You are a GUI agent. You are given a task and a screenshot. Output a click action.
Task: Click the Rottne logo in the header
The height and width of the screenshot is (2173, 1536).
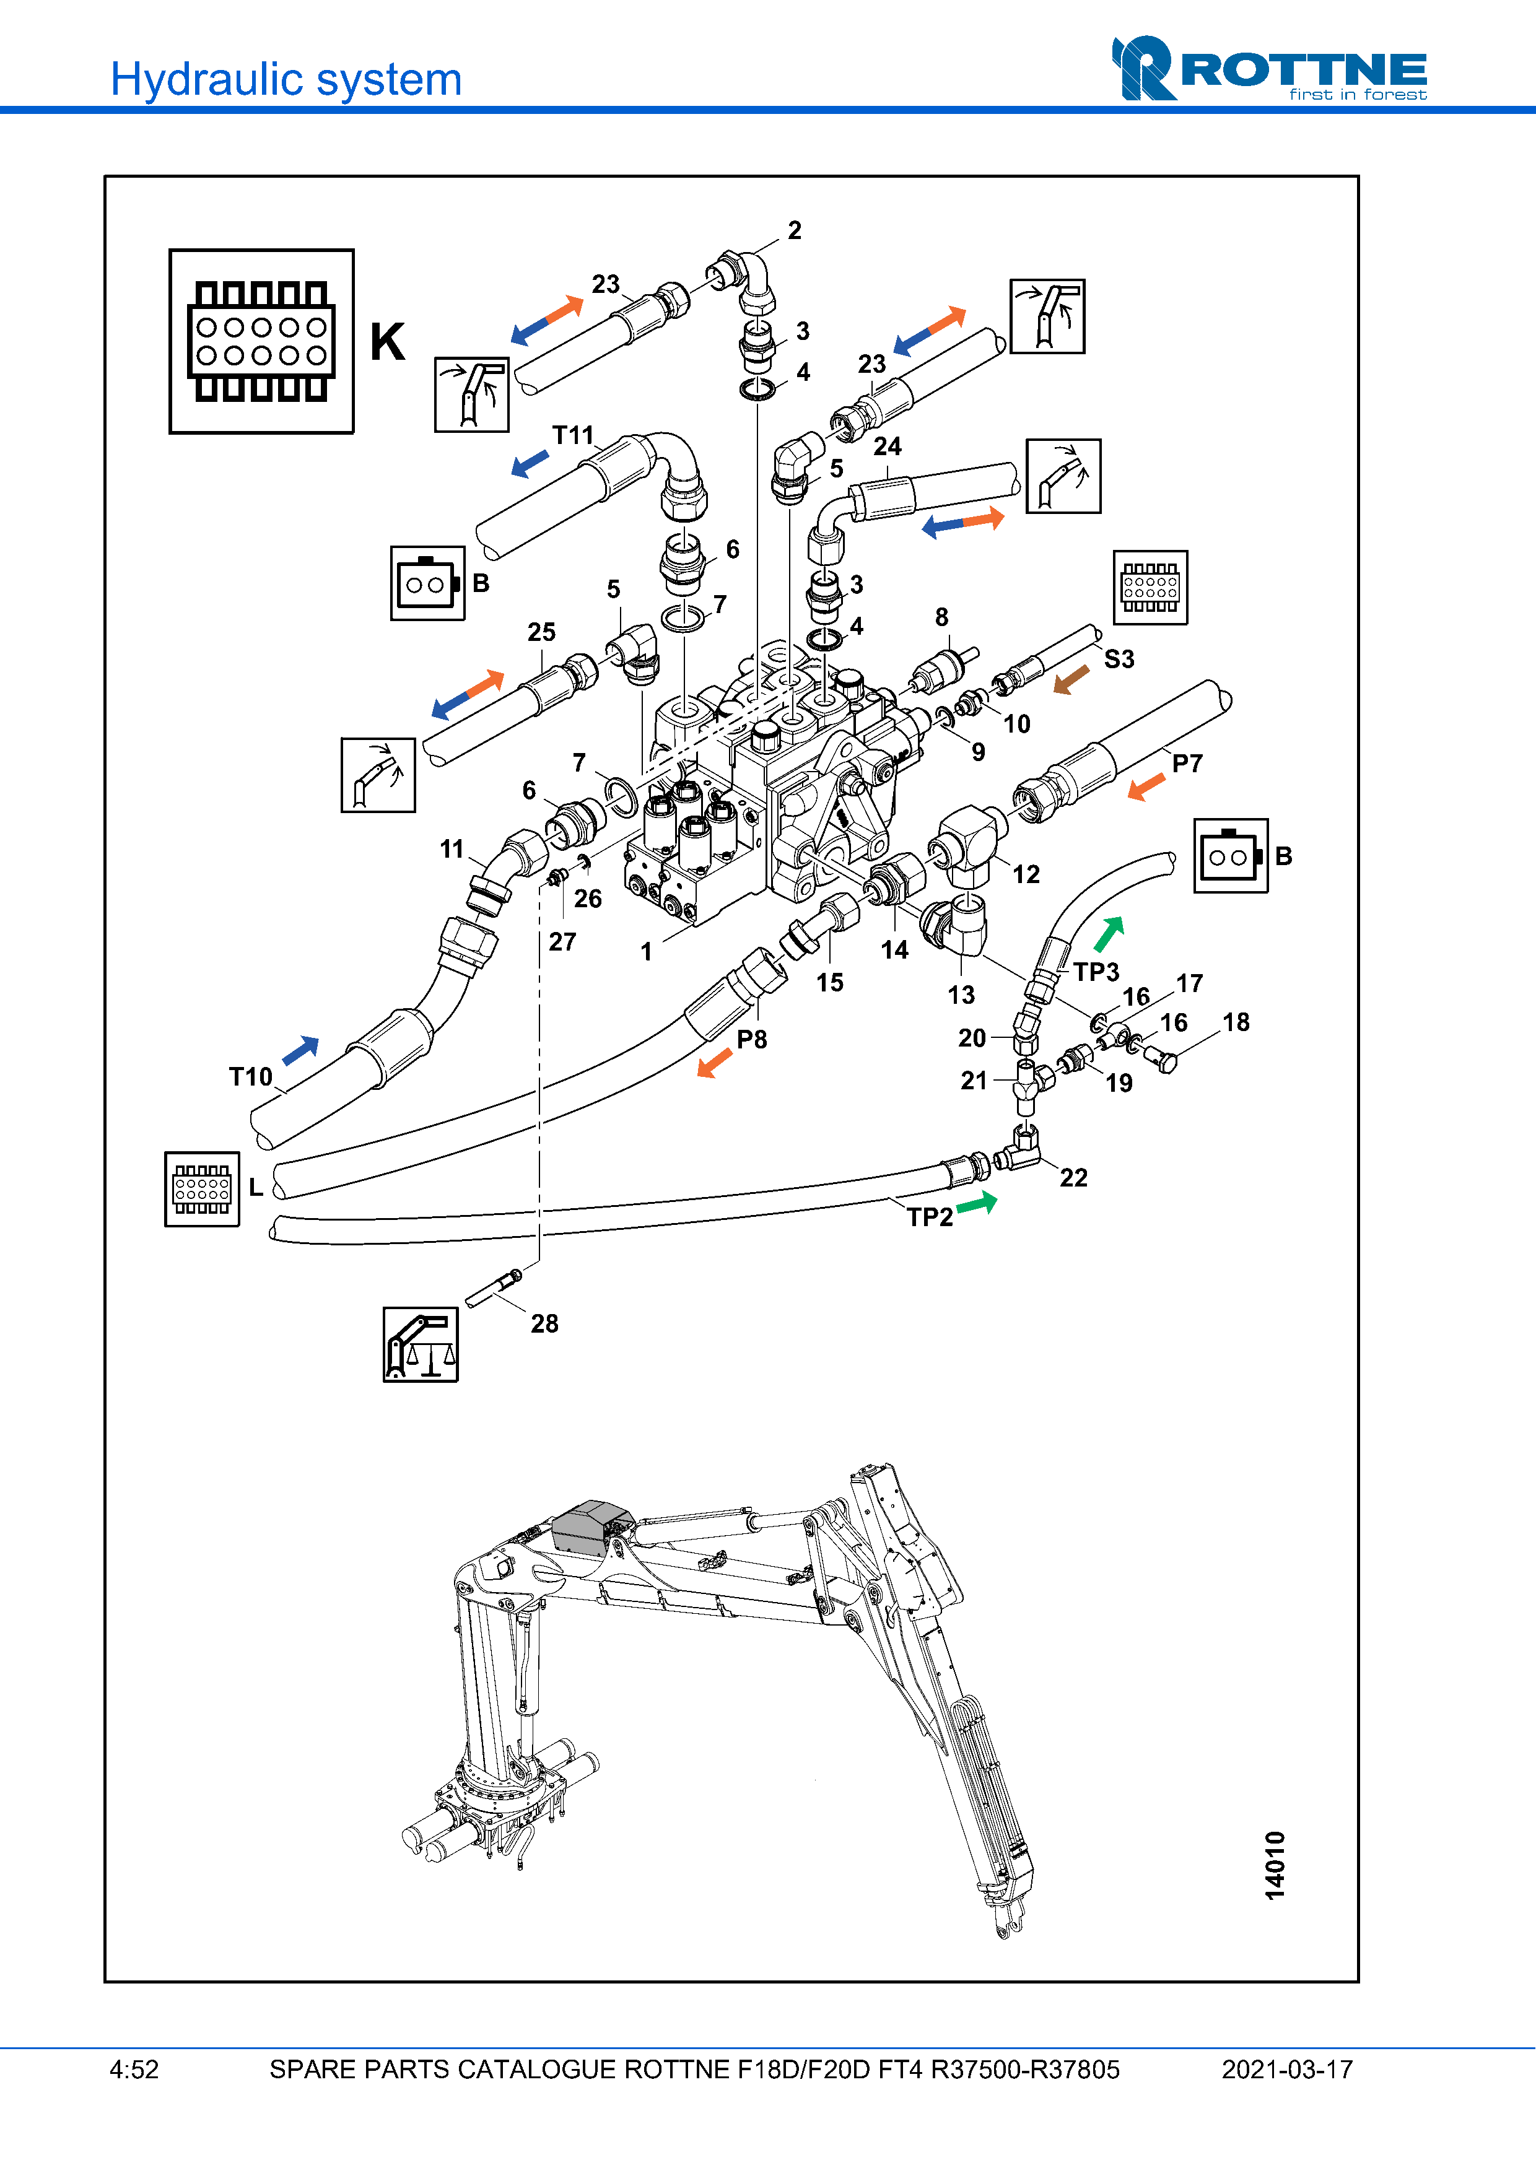pyautogui.click(x=1268, y=69)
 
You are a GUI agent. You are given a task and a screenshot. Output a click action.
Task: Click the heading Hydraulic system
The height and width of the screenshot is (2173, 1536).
pyautogui.click(x=286, y=79)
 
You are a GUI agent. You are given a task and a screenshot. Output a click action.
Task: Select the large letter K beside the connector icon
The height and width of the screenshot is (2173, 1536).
pyautogui.click(x=387, y=342)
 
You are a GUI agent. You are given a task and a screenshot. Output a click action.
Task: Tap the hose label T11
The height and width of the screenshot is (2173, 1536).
pyautogui.click(x=572, y=435)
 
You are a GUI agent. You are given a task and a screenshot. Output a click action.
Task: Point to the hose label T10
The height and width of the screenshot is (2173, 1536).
pyautogui.click(x=251, y=1077)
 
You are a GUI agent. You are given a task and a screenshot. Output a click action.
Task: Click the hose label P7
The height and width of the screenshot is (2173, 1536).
pyautogui.click(x=1187, y=764)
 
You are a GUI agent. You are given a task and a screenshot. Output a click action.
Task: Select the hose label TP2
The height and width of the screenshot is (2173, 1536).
pyautogui.click(x=930, y=1217)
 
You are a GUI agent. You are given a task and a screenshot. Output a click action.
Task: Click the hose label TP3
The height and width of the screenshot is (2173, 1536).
pyautogui.click(x=1096, y=972)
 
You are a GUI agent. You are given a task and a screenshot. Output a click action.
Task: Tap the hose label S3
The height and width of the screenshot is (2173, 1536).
pyautogui.click(x=1119, y=660)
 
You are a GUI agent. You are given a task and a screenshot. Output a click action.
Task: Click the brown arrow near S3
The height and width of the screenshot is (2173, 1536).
pyautogui.click(x=1071, y=679)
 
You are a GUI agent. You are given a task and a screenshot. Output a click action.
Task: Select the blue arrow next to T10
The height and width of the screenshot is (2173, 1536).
pyautogui.click(x=301, y=1050)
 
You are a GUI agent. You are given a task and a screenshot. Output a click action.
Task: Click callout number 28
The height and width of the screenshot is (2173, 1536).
pyautogui.click(x=544, y=1324)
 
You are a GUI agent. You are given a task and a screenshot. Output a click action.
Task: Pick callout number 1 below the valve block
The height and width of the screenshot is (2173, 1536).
pyautogui.click(x=647, y=952)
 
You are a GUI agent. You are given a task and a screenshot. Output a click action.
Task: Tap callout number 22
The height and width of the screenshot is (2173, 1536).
pyautogui.click(x=1073, y=1178)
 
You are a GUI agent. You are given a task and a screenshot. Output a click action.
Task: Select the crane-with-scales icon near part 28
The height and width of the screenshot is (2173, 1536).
pyautogui.click(x=420, y=1345)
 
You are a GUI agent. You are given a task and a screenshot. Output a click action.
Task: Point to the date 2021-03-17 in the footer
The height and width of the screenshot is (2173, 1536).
pyautogui.click(x=1287, y=2070)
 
